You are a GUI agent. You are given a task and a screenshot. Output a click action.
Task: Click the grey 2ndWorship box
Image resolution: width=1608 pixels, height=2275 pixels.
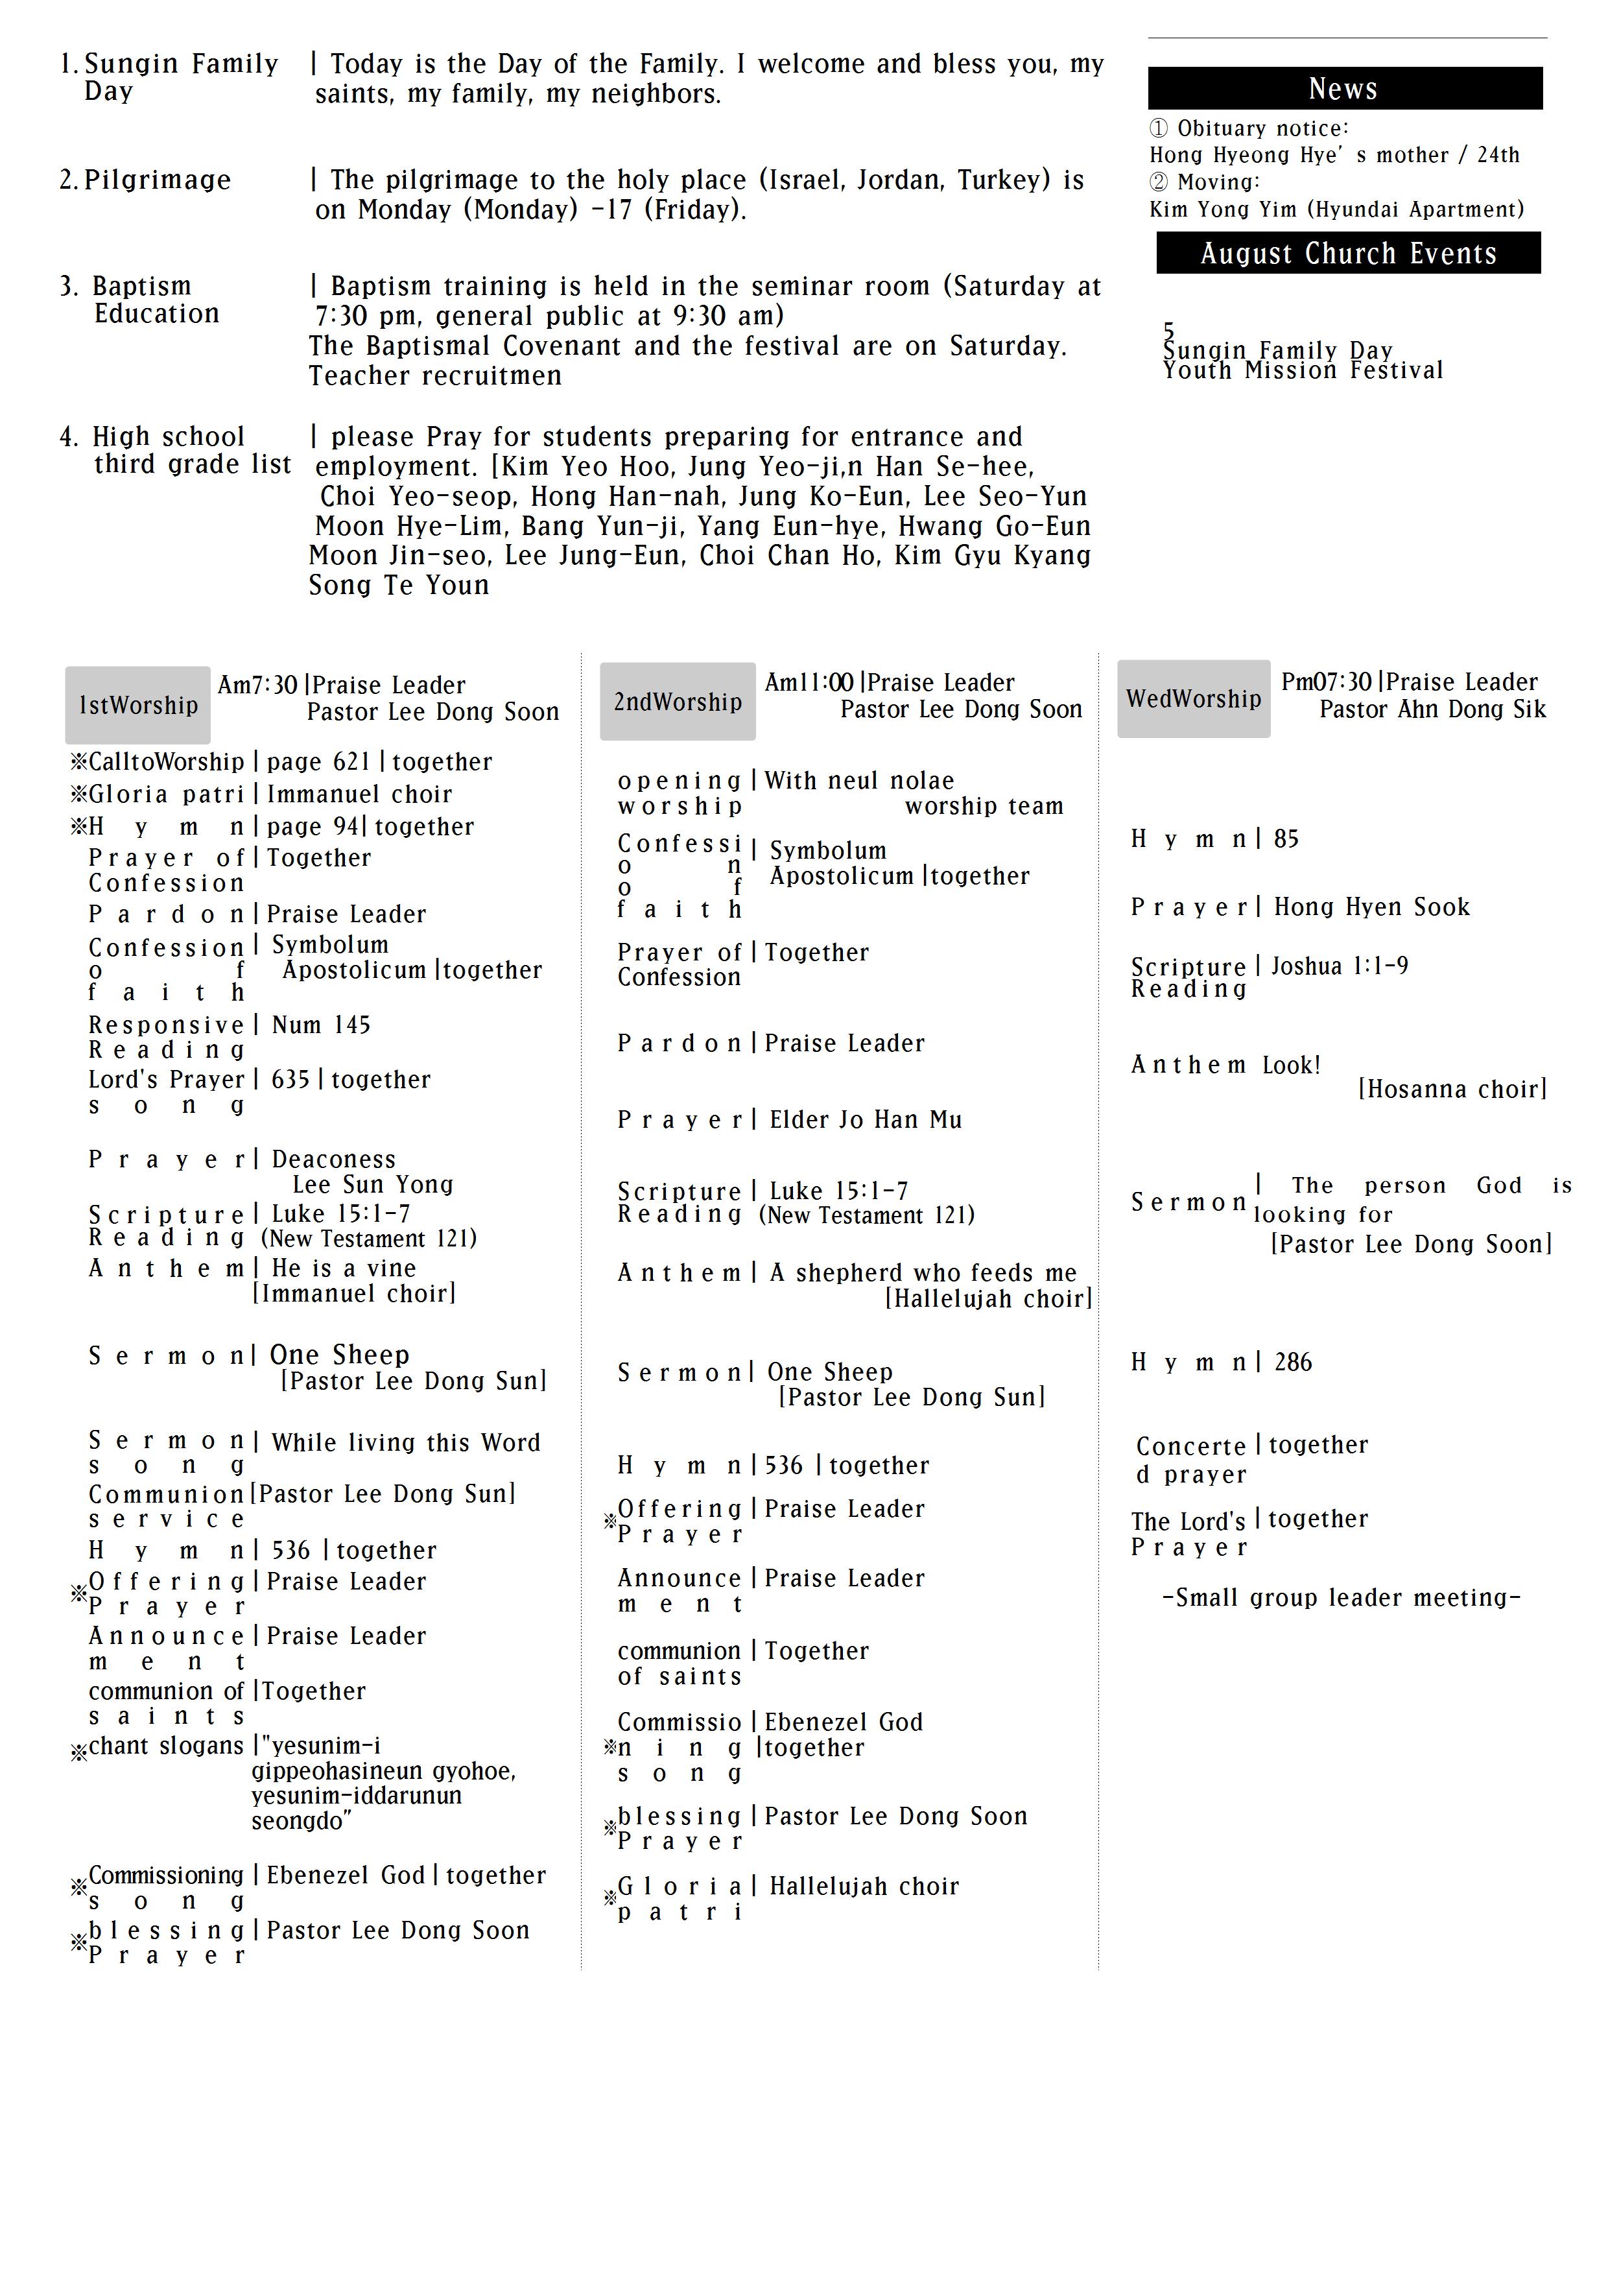678,702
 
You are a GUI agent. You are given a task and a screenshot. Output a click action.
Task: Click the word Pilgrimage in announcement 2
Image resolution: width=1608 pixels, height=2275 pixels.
158,180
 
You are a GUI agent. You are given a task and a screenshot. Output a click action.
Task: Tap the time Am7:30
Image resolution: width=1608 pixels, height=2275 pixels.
257,685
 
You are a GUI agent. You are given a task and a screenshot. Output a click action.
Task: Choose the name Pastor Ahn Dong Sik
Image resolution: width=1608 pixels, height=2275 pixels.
1432,709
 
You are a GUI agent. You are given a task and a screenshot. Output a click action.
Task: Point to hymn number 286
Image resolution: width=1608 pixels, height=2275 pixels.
1292,1363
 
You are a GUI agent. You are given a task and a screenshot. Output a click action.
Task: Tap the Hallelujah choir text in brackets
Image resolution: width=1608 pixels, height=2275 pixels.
987,1299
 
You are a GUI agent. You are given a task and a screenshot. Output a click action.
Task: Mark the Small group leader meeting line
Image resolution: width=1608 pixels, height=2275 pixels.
1340,1597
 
